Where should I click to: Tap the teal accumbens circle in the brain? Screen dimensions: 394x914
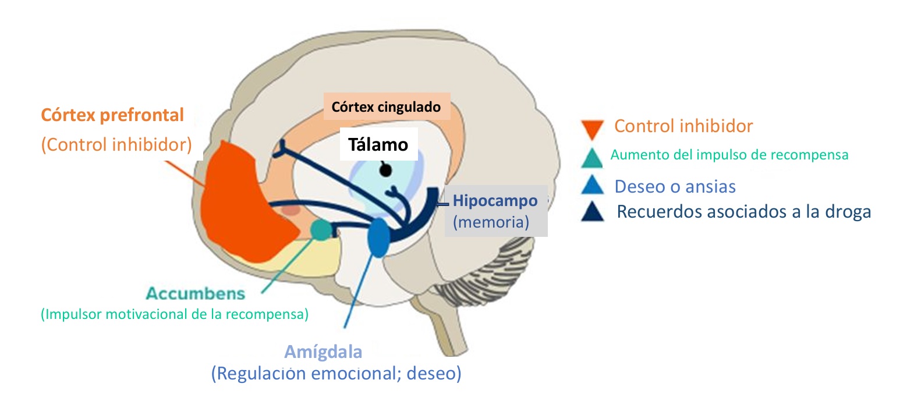[320, 230]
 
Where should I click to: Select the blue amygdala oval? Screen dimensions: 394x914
[378, 237]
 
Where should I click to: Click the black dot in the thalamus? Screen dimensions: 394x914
[385, 171]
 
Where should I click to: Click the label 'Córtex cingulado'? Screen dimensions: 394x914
[386, 107]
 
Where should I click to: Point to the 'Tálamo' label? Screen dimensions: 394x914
[378, 144]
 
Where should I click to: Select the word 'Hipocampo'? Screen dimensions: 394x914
[495, 201]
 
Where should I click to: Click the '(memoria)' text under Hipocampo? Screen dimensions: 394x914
[491, 222]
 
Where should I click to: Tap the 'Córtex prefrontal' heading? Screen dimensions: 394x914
[112, 115]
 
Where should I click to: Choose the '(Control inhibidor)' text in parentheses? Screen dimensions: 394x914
[116, 144]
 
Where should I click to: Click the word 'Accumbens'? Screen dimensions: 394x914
[196, 293]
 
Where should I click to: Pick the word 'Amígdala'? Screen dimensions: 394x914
[323, 352]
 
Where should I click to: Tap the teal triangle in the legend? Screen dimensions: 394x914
[592, 157]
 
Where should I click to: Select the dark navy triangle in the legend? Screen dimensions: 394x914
[593, 212]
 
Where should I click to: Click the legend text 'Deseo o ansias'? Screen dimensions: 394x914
[675, 186]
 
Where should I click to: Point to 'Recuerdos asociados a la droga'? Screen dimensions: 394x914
[743, 211]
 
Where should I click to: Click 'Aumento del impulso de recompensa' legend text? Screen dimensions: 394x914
[729, 155]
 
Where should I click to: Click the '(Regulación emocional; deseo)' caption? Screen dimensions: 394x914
[336, 373]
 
